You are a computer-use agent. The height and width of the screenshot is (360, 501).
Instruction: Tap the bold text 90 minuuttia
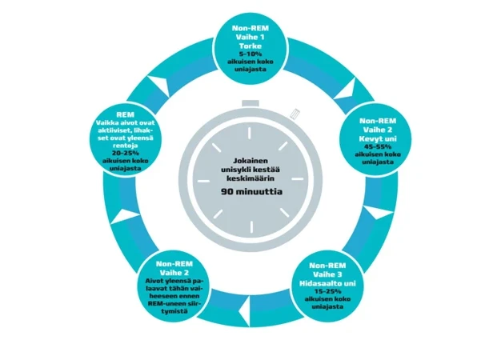[250, 193]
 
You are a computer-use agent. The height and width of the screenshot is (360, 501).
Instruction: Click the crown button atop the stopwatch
[250, 104]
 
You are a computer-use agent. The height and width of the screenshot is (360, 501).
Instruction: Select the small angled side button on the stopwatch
[297, 115]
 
